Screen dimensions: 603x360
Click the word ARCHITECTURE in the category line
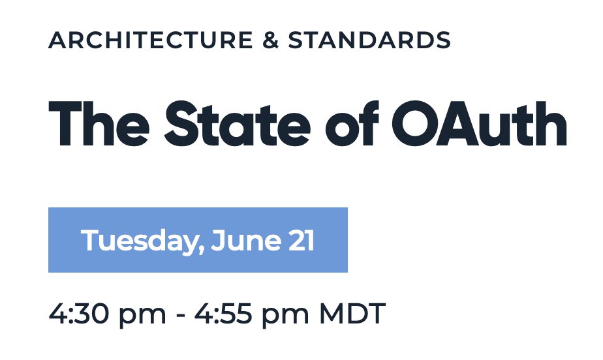150,40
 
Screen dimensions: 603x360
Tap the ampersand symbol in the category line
271,40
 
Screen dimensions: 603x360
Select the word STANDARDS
369,40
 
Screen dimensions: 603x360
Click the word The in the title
99,124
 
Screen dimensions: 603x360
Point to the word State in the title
238,124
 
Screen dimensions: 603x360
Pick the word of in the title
352,124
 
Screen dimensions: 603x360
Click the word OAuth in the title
479,124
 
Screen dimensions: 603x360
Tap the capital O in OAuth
415,124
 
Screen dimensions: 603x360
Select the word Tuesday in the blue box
138,241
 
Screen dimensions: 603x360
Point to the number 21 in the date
302,241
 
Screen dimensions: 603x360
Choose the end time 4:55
223,314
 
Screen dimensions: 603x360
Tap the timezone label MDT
352,314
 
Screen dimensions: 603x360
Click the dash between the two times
180,316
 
